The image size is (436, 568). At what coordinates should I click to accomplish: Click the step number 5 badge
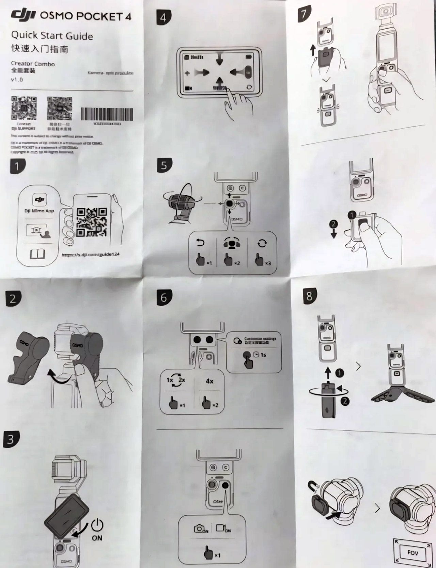[x=164, y=165]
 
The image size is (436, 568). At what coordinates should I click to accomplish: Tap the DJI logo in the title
[x=23, y=15]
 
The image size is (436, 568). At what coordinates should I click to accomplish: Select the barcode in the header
[x=107, y=114]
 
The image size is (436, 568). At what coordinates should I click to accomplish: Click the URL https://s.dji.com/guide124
[x=90, y=255]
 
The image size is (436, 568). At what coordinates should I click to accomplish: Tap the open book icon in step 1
[x=37, y=254]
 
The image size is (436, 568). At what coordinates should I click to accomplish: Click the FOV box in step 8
[x=412, y=552]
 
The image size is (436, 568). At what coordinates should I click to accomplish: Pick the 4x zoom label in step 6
[x=209, y=381]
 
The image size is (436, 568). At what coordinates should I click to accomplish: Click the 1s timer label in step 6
[x=263, y=355]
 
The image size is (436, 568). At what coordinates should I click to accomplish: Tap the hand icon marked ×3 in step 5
[x=260, y=261]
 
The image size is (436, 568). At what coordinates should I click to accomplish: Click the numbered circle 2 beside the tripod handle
[x=345, y=401]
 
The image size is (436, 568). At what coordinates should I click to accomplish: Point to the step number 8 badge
[x=309, y=296]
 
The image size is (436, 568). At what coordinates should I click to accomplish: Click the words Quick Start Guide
[x=52, y=36]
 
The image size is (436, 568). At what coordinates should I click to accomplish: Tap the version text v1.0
[x=17, y=80]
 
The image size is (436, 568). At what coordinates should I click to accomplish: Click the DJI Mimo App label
[x=39, y=211]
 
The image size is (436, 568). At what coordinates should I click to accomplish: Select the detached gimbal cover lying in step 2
[x=27, y=357]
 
